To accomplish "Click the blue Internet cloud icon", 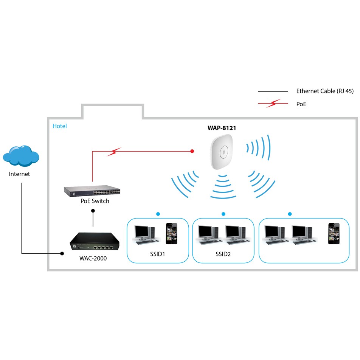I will tap(21, 155).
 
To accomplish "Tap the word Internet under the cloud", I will tap(20, 174).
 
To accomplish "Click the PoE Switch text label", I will tap(95, 201).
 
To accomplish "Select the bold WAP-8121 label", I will tap(222, 128).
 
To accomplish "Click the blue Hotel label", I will tap(60, 126).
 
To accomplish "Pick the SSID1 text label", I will tap(158, 254).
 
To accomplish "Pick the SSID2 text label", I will tap(223, 254).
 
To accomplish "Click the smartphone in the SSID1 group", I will tap(171, 233).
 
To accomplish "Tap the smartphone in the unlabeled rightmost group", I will tap(334, 233).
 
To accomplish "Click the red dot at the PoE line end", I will tap(192, 151).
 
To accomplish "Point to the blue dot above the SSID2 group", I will tap(223, 214).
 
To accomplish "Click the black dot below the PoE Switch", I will tap(93, 211).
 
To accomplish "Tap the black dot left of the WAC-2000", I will tap(62, 253).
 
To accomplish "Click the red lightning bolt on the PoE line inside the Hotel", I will tap(113, 152).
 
